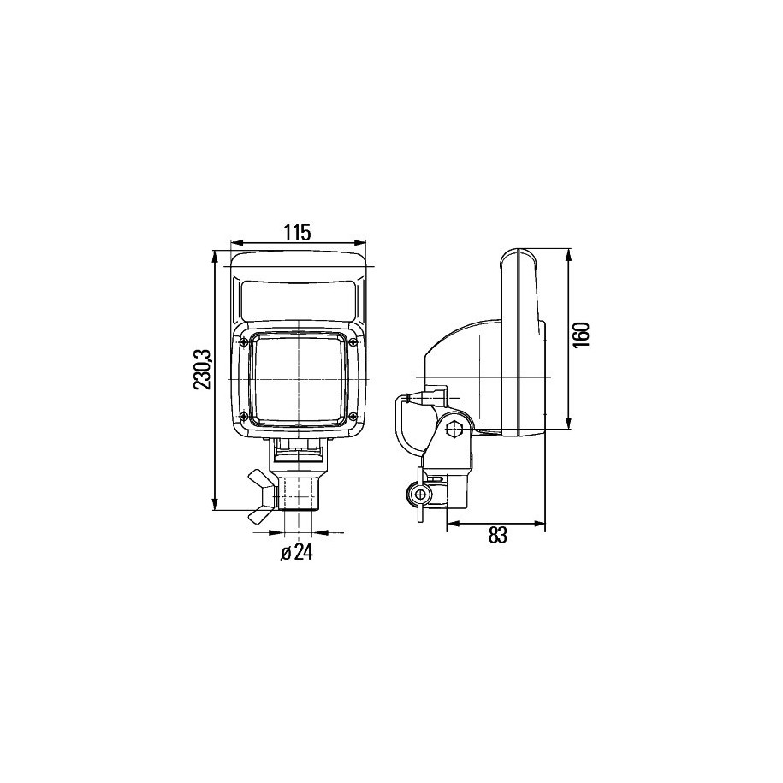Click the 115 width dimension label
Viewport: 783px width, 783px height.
298,232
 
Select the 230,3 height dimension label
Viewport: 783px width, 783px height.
204,370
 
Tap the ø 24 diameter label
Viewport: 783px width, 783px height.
297,552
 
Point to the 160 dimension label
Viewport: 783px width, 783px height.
582,335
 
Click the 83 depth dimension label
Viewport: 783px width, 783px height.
497,536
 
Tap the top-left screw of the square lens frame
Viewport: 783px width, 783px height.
244,342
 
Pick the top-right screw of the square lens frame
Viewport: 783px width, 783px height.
353,341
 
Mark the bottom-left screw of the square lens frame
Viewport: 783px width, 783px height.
244,416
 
